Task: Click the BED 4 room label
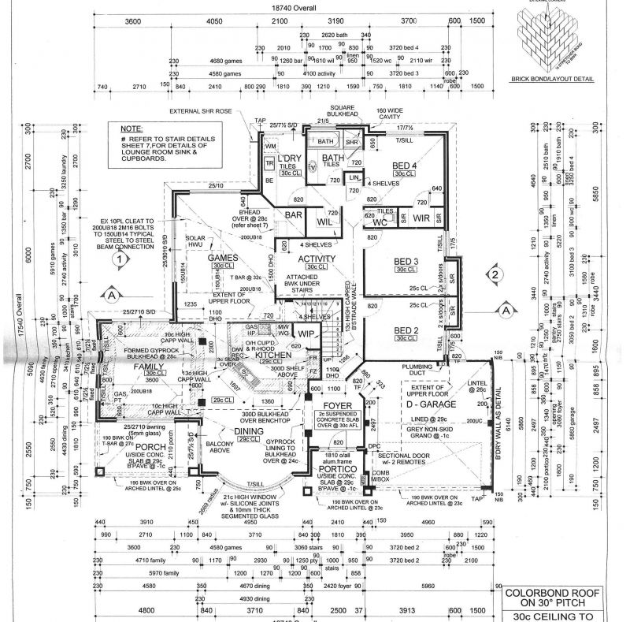(x=404, y=166)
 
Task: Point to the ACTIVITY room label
(x=317, y=259)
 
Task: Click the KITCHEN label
(x=272, y=356)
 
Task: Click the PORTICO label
(x=339, y=468)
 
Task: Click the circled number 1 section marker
(x=117, y=258)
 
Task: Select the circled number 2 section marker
(x=494, y=275)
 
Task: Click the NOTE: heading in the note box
(x=132, y=128)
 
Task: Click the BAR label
(x=294, y=214)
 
